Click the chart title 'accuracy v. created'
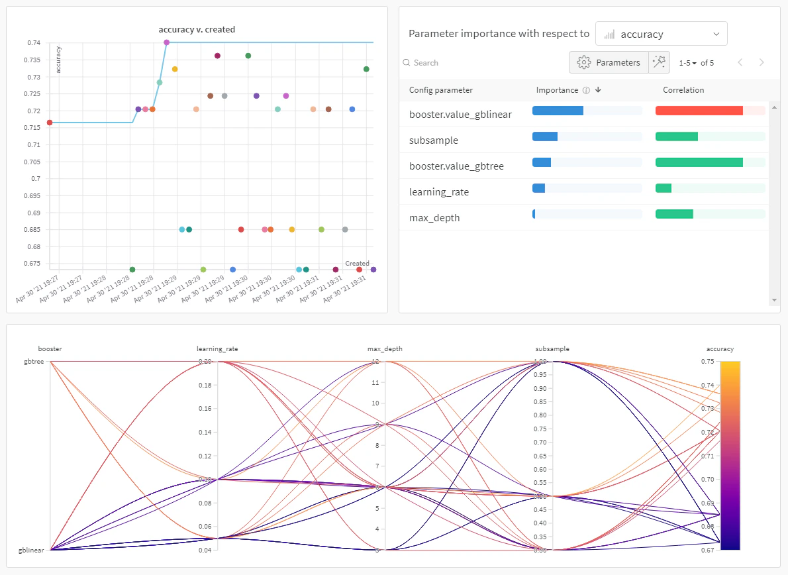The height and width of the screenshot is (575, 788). [197, 29]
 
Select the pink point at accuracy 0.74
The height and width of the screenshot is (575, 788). [166, 42]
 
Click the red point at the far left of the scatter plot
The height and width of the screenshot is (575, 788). [50, 123]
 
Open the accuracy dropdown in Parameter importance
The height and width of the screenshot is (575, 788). [661, 34]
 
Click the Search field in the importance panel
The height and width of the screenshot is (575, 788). [464, 63]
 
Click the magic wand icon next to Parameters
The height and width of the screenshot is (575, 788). [659, 62]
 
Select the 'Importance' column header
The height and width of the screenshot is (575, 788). [557, 90]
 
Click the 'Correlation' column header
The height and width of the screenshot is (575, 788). [683, 90]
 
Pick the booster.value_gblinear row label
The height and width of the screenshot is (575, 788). [460, 115]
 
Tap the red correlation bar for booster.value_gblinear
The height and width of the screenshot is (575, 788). [699, 111]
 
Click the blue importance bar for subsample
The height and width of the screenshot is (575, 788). [545, 136]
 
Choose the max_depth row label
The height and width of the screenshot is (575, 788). [434, 218]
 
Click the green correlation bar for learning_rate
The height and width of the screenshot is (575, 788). [664, 188]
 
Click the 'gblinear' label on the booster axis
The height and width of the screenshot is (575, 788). [30, 550]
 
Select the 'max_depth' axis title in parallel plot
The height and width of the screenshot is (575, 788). [385, 348]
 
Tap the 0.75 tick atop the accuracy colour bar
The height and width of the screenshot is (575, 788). [708, 361]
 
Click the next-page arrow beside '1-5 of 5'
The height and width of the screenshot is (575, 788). [762, 62]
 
